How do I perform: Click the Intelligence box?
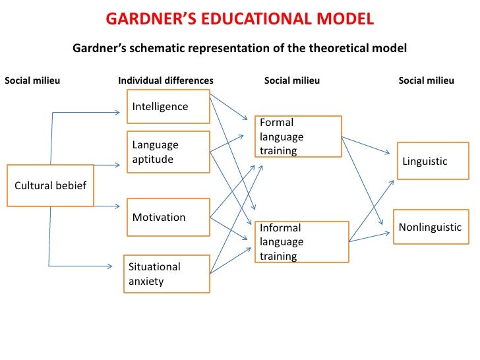pos(168,107)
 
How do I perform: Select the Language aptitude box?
pos(168,152)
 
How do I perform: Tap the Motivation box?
pos(168,218)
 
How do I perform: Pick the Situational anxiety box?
pos(167,274)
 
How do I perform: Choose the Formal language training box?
pos(298,136)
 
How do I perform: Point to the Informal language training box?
pos(301,242)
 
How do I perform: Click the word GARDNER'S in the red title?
pos(146,18)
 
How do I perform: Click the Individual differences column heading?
pos(165,81)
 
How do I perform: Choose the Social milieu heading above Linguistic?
pos(427,81)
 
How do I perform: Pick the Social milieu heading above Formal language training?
pos(292,81)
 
